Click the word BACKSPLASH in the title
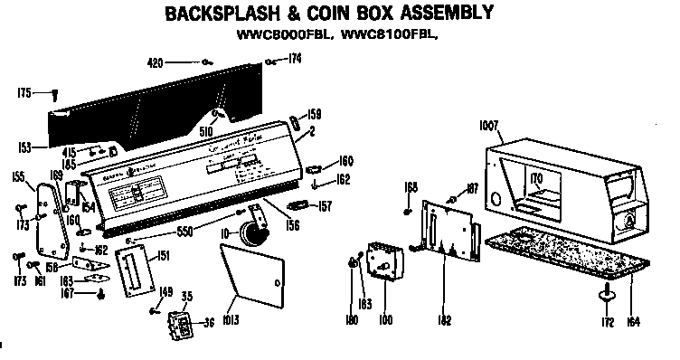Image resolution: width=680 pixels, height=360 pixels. [228, 14]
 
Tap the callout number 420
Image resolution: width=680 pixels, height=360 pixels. [156, 62]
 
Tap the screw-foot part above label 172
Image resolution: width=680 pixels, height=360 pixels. [607, 291]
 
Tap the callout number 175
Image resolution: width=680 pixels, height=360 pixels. [24, 91]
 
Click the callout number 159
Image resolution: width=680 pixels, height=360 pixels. [315, 114]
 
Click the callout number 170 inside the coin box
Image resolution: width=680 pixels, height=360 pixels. [537, 180]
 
